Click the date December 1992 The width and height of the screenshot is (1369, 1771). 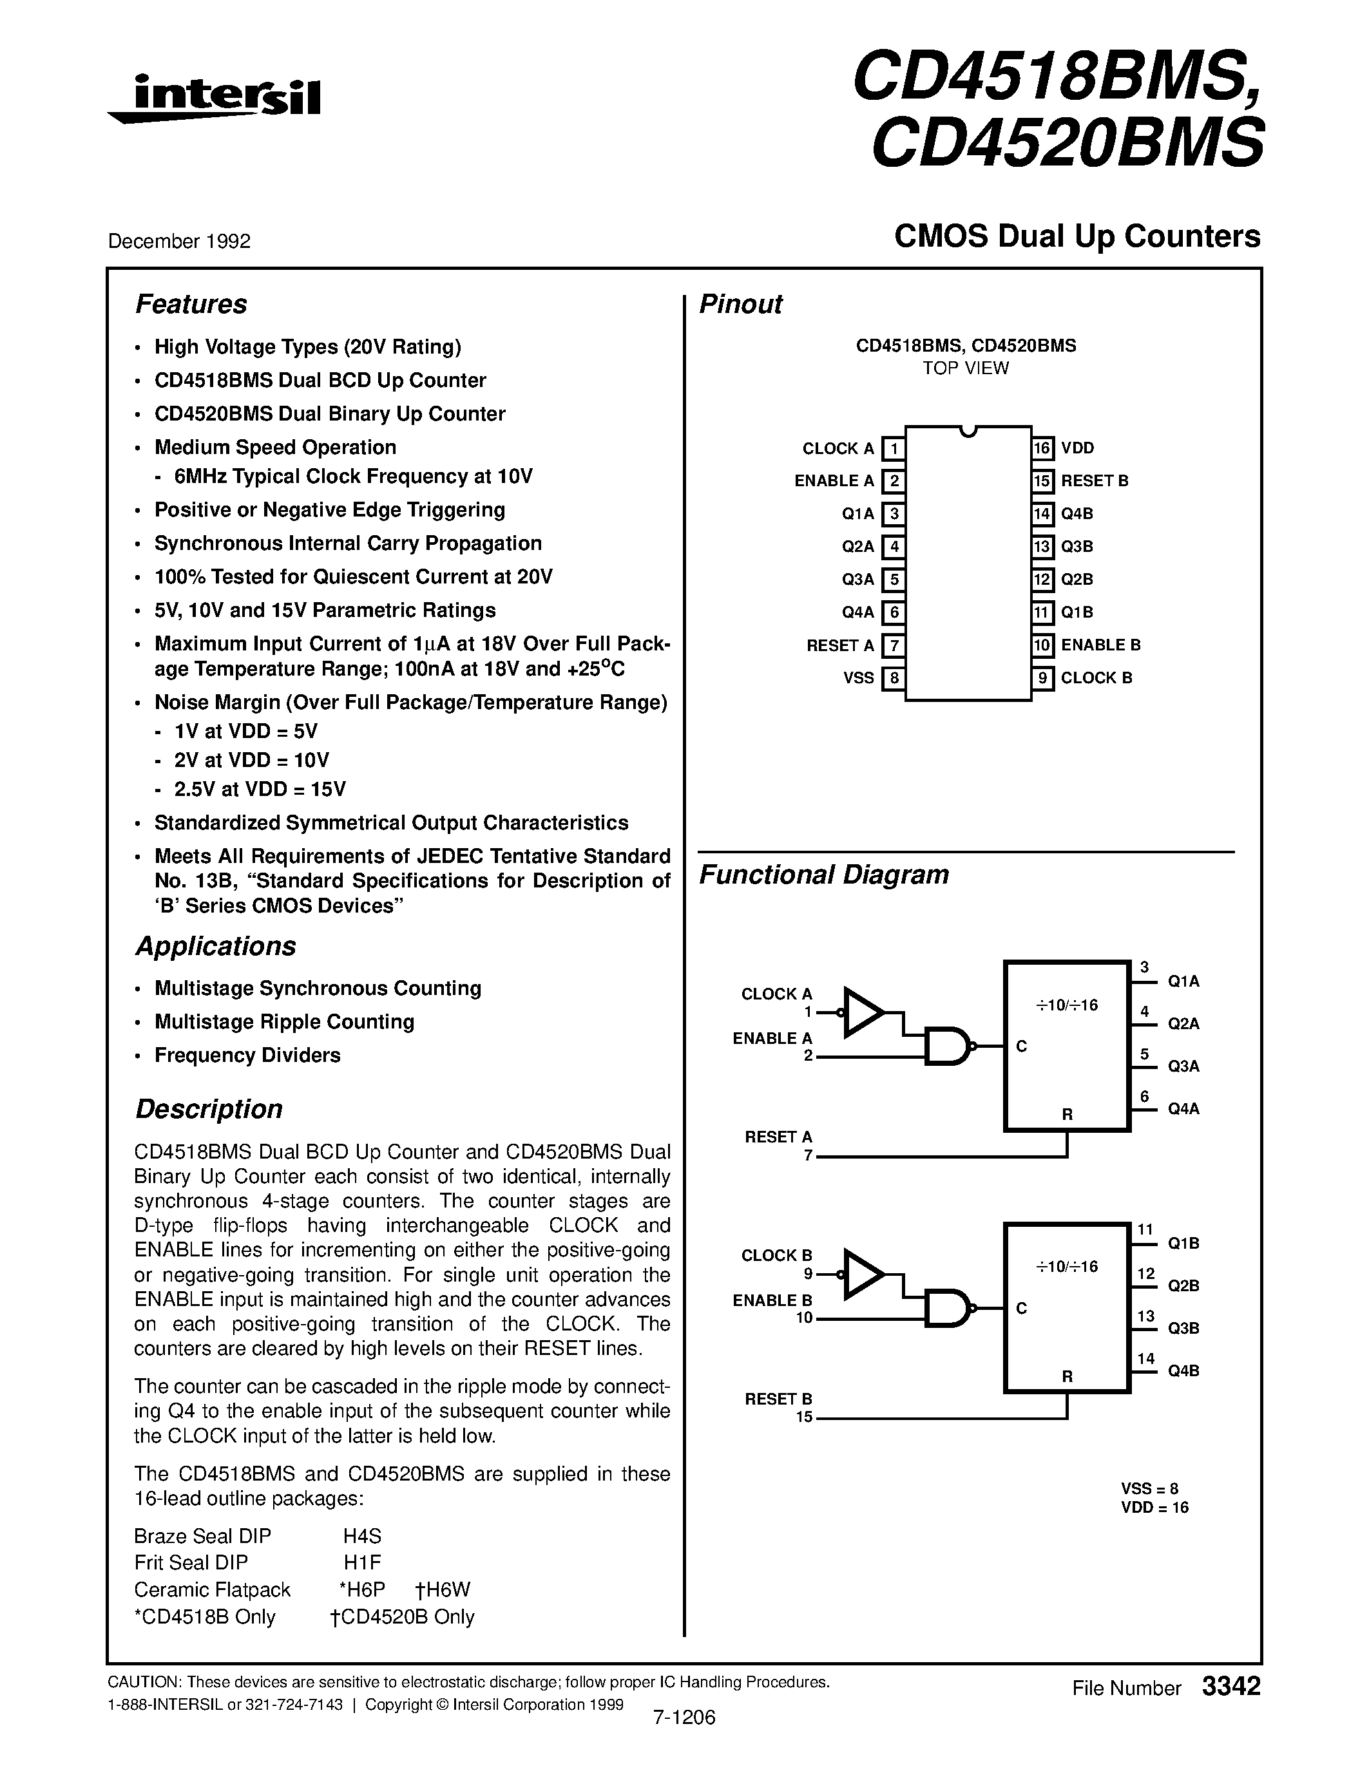coord(179,241)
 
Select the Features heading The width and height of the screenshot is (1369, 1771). coord(191,304)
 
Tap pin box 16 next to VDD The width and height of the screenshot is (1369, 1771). coord(1042,448)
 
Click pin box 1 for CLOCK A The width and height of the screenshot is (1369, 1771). coord(893,448)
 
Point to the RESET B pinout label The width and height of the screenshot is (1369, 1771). coord(1094,481)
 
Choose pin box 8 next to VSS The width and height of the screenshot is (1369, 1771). coord(893,678)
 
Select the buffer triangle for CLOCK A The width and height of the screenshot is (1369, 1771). coord(862,1012)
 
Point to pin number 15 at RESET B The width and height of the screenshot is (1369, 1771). coord(804,1417)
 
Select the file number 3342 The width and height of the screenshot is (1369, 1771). coord(1230,1687)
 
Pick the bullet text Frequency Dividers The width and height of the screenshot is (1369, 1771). coord(247,1055)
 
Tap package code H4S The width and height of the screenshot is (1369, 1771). coord(361,1536)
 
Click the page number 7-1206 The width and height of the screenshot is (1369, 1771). coord(684,1718)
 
